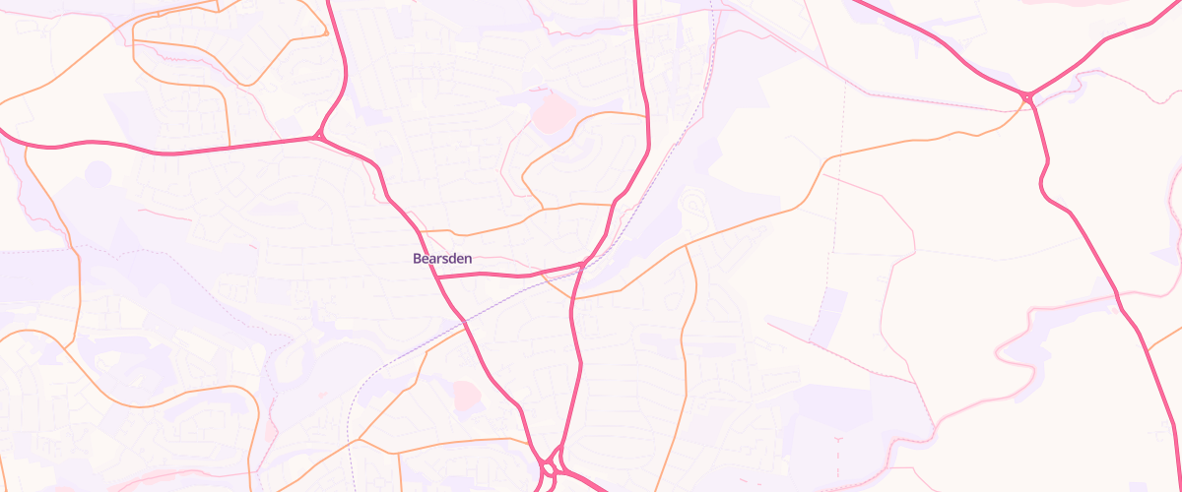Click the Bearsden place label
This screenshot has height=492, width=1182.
point(441,259)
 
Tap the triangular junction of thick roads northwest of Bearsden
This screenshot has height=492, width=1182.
point(321,136)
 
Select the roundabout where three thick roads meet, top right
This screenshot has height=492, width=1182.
point(1027,96)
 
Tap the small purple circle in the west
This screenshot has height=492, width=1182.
point(98,174)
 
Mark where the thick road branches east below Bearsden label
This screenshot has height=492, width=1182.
point(437,277)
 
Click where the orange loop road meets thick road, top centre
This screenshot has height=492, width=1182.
point(647,116)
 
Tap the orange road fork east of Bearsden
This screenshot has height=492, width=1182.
point(687,247)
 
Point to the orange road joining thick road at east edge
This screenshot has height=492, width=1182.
point(1148,350)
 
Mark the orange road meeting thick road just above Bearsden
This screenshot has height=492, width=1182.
point(422,232)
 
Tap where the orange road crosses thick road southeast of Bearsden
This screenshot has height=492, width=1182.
point(572,296)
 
